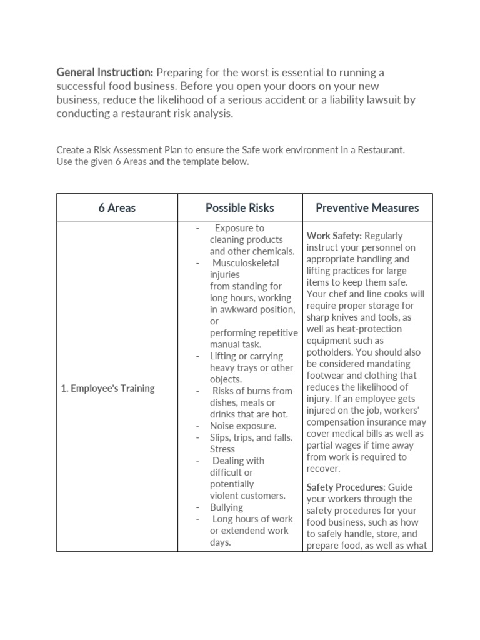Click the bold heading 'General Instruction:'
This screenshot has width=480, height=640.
tap(105, 73)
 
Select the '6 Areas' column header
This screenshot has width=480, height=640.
tap(117, 208)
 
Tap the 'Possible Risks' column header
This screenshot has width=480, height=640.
tap(240, 208)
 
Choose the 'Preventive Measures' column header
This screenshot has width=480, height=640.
tap(367, 208)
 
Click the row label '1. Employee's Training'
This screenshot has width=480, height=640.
tap(107, 388)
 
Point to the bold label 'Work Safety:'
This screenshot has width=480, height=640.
tap(334, 236)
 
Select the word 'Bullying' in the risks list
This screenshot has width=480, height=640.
tap(226, 507)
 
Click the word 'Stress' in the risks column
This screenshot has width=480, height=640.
tap(222, 449)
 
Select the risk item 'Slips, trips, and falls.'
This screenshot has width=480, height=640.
tap(251, 437)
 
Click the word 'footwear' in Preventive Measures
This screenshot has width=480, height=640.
tap(326, 375)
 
